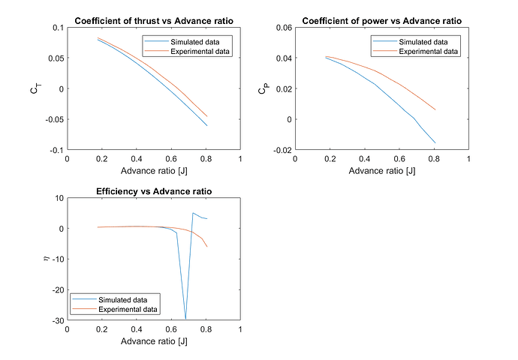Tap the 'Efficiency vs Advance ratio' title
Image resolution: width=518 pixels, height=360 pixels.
click(154, 192)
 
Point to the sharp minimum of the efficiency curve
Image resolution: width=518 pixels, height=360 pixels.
click(185, 319)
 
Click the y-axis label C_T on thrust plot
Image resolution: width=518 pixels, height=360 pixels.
click(35, 89)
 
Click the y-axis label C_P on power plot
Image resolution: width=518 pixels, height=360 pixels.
click(263, 89)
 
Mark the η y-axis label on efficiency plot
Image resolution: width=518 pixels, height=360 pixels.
click(45, 259)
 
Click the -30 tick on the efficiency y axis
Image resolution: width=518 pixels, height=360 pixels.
click(56, 320)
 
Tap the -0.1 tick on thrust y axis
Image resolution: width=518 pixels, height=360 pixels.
click(56, 150)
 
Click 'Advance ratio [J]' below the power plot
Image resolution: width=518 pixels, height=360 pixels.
click(381, 170)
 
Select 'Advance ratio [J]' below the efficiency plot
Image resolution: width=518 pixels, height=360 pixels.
click(154, 341)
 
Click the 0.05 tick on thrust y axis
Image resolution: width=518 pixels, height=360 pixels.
click(56, 58)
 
